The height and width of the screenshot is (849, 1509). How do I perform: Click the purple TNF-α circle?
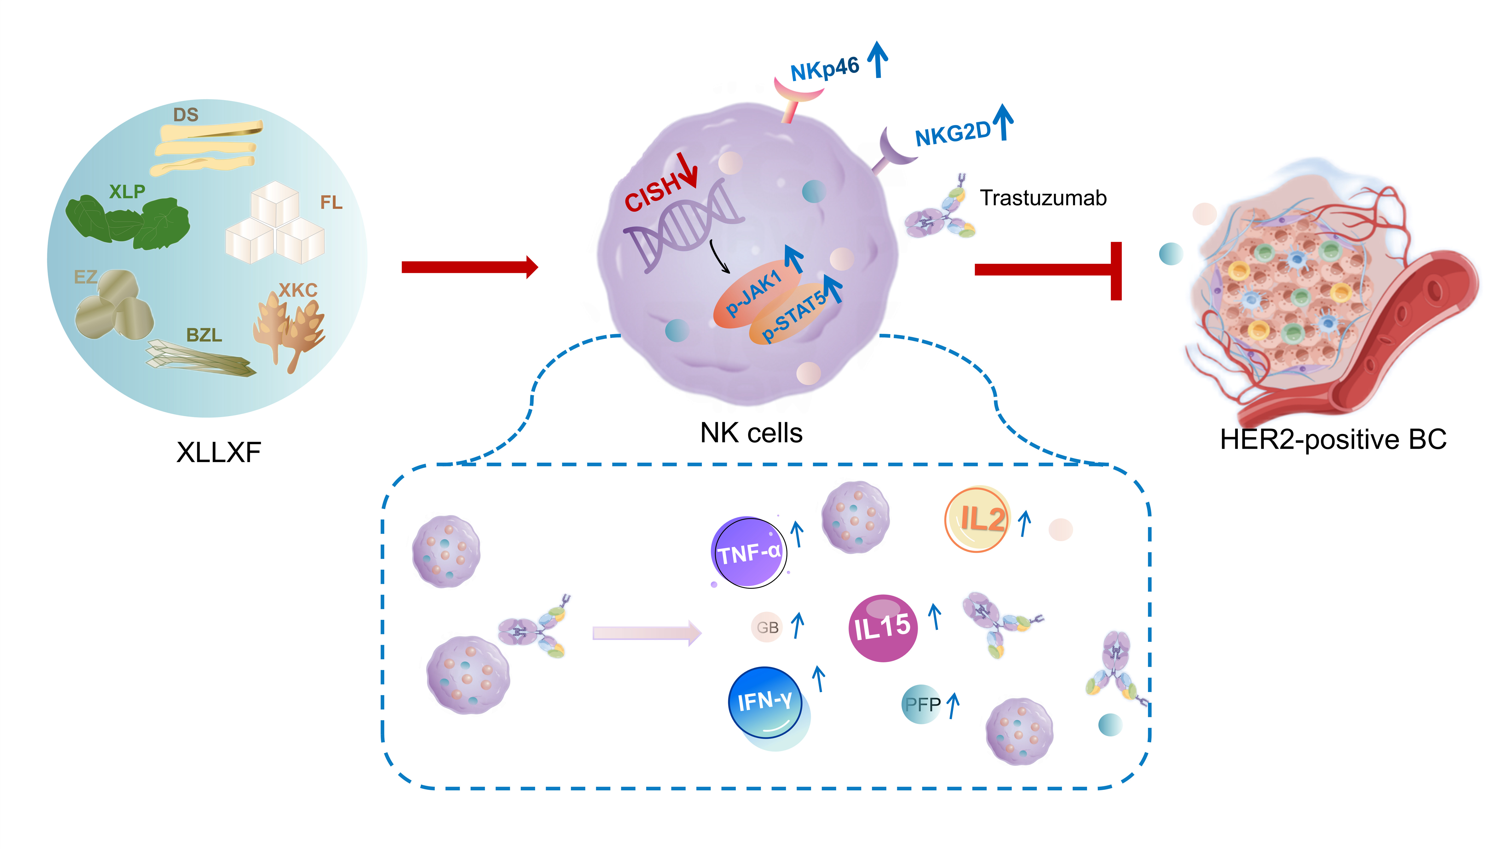[x=749, y=552]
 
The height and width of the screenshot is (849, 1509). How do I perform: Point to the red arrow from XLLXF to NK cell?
[x=469, y=267]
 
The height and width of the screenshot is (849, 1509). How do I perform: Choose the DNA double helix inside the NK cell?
[x=683, y=226]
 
